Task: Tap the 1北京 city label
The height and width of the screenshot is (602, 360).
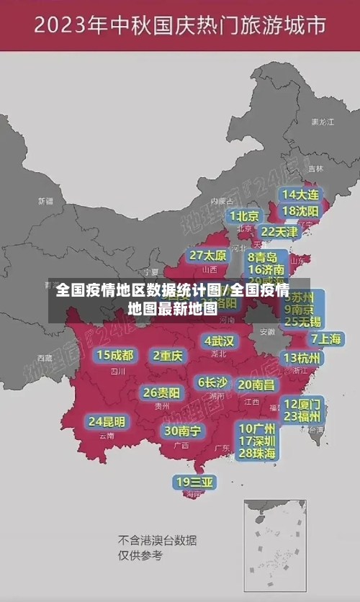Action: click(244, 216)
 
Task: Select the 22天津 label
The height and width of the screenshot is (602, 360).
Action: click(279, 232)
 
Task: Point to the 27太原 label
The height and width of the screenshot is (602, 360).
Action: click(208, 256)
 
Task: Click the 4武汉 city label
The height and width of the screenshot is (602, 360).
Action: click(219, 340)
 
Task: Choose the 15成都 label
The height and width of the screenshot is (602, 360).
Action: click(115, 355)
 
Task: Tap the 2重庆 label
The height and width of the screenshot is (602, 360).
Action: click(168, 355)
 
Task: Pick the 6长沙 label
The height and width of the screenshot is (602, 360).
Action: click(212, 382)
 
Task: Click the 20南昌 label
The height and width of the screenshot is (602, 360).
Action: click(256, 385)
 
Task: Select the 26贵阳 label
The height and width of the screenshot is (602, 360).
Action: click(161, 392)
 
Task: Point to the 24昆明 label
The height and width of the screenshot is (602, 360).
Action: click(107, 421)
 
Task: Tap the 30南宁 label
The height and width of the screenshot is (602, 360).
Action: click(182, 431)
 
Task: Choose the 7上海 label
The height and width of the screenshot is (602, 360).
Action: click(325, 339)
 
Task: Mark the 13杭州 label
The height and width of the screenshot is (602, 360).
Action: click(302, 358)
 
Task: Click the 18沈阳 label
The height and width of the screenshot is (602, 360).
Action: click(300, 211)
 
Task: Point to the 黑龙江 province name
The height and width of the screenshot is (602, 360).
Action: click(322, 122)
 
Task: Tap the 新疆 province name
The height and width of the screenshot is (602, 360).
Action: click(45, 201)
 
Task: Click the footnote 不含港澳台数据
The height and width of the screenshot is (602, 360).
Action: click(157, 540)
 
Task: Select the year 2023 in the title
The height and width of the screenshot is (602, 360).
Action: click(62, 27)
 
